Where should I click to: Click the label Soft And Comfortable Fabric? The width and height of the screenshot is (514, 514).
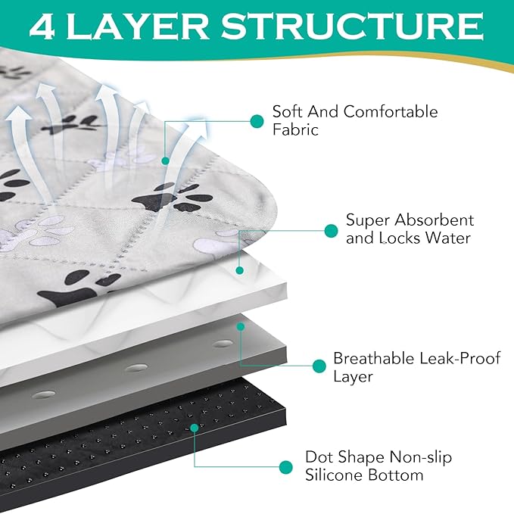point(354,120)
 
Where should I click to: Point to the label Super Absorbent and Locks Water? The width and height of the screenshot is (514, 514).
point(410,229)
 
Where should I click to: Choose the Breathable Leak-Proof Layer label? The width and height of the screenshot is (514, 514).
point(416,367)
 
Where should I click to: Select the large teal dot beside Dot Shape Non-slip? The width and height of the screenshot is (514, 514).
point(285,466)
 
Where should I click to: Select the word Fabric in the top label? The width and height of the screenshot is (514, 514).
point(295,129)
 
